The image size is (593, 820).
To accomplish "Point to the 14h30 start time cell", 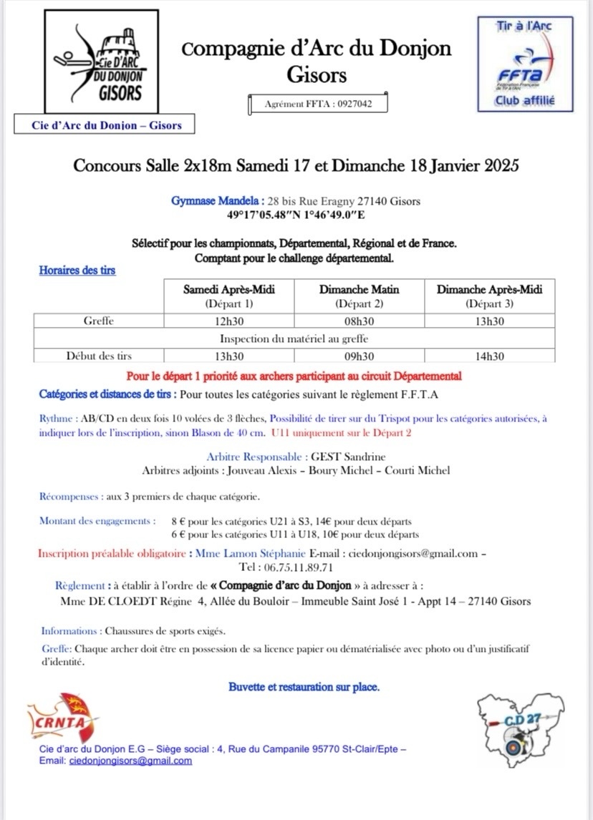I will [489, 356].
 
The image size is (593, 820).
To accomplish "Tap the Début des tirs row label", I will [99, 356].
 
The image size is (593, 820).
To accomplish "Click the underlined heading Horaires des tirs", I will [77, 270].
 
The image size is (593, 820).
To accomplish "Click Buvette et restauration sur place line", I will [304, 687].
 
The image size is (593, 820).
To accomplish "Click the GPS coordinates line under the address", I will [296, 213].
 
